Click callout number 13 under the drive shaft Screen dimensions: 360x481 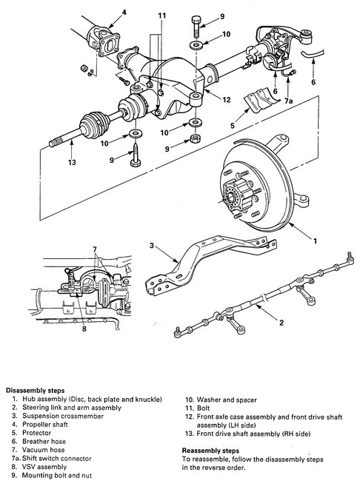tap(72, 162)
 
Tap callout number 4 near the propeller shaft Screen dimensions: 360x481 tap(124, 13)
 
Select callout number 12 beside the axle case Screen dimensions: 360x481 tap(227, 100)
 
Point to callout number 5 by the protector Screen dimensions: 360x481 tap(233, 126)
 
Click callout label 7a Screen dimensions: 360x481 tap(288, 101)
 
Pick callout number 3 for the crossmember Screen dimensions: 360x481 tap(151, 246)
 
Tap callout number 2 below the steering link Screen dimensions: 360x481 tap(281, 323)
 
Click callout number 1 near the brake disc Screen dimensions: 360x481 tap(315, 240)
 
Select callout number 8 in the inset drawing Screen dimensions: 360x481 tap(84, 329)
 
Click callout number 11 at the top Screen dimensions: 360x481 tap(162, 16)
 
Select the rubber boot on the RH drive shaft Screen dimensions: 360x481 tap(95, 124)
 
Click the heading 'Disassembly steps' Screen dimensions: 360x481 tap(36, 391)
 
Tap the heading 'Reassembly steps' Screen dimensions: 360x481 tap(210, 451)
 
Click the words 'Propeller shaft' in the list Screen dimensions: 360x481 tap(45, 425)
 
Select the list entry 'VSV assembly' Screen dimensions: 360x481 tap(44, 467)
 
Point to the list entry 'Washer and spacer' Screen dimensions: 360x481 tap(227, 400)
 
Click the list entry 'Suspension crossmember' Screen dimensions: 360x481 tap(63, 416)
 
